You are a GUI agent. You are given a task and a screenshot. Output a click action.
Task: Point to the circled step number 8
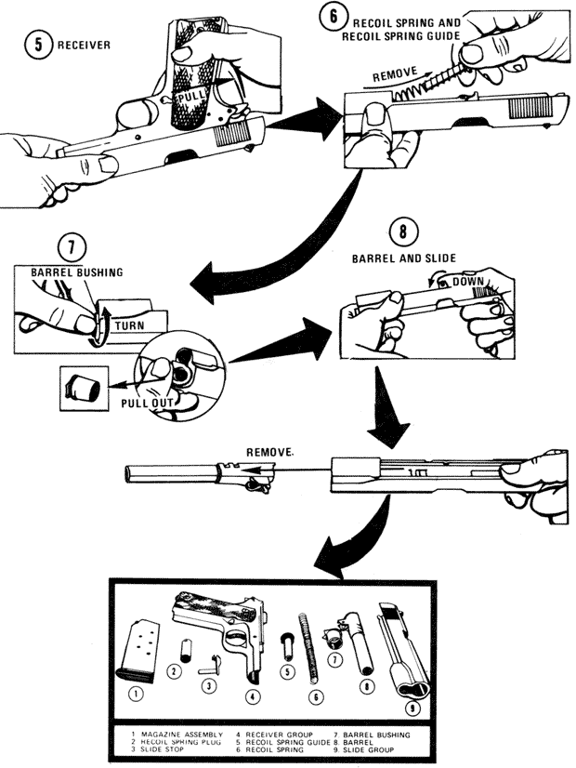400,232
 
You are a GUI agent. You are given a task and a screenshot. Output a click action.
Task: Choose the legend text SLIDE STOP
165,749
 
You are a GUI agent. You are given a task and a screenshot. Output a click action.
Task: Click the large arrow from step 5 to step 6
297,120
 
